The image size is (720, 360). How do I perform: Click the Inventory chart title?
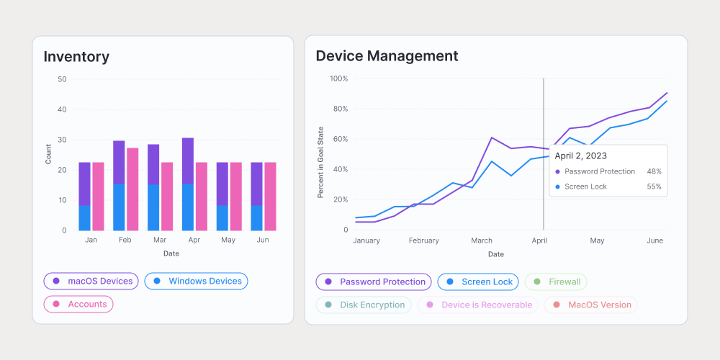pyautogui.click(x=76, y=56)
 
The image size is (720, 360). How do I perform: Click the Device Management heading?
pyautogui.click(x=387, y=56)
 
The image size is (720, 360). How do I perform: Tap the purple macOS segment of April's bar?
pyautogui.click(x=187, y=161)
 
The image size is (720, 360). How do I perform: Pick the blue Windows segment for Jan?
pyautogui.click(x=84, y=217)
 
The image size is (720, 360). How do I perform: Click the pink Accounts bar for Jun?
pyautogui.click(x=270, y=196)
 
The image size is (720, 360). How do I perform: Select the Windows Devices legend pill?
pyautogui.click(x=196, y=281)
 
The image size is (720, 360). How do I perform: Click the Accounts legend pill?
pyautogui.click(x=78, y=304)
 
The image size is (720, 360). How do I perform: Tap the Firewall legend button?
pyautogui.click(x=556, y=282)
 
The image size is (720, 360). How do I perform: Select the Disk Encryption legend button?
pyautogui.click(x=364, y=305)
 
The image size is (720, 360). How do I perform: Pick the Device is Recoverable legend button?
pyautogui.click(x=478, y=305)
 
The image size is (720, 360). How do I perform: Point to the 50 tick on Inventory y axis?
pyautogui.click(x=62, y=79)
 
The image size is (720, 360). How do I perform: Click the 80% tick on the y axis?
pyautogui.click(x=340, y=109)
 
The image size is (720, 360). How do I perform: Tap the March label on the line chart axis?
pyautogui.click(x=482, y=240)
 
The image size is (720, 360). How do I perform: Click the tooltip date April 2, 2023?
pyautogui.click(x=580, y=156)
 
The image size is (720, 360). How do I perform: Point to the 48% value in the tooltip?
pyautogui.click(x=654, y=171)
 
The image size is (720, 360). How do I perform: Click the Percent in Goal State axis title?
pyautogui.click(x=320, y=162)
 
